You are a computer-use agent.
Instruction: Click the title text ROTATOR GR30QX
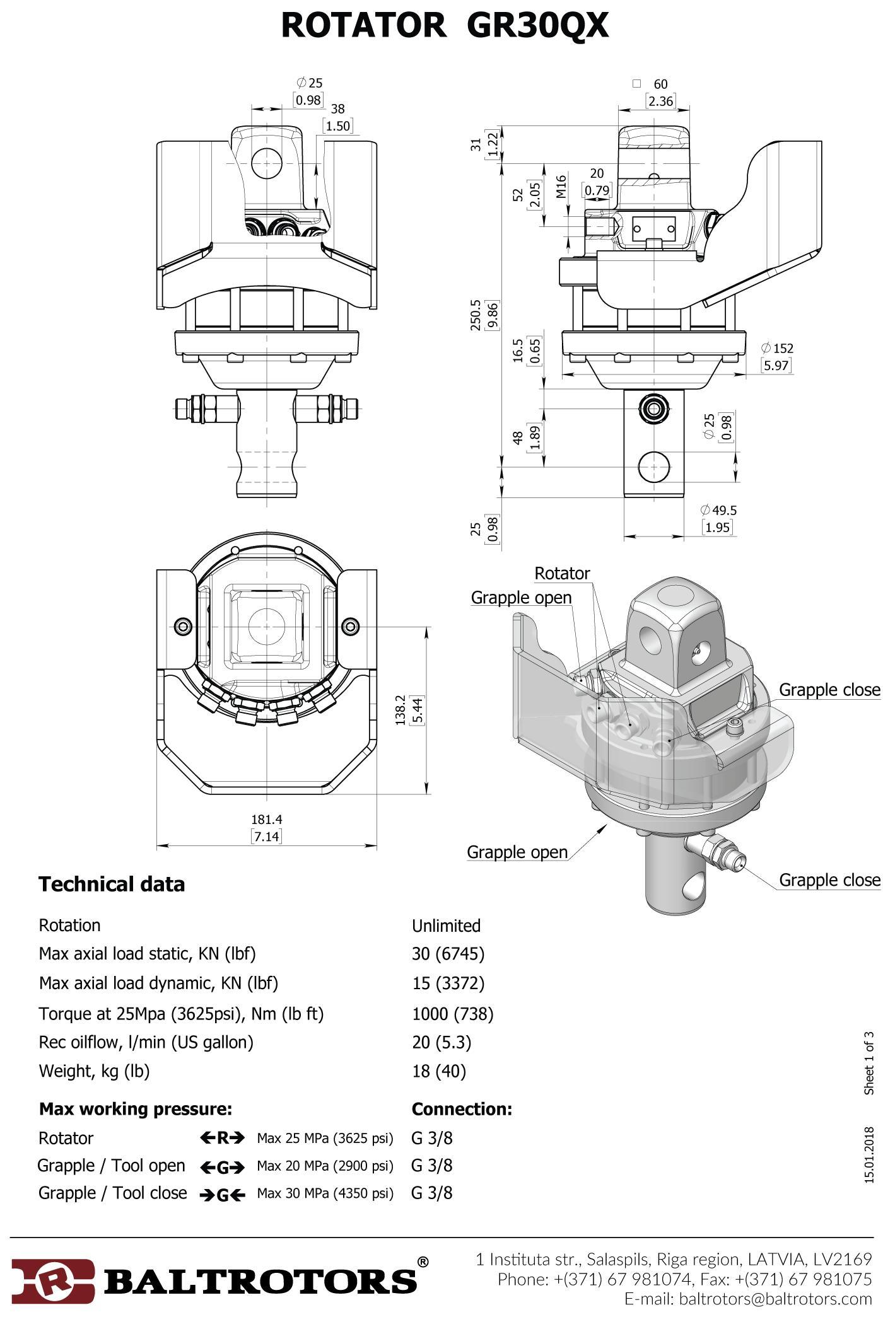[445, 26]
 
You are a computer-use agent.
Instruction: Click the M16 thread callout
[561, 187]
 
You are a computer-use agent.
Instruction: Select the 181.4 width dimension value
[266, 820]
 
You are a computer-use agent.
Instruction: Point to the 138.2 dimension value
[400, 710]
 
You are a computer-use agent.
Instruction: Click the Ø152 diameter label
[777, 348]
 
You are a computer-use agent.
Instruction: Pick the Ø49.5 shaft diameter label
[718, 510]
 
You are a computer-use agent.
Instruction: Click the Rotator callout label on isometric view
[562, 573]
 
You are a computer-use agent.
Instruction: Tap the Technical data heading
[112, 884]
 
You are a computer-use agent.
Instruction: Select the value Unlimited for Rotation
[446, 925]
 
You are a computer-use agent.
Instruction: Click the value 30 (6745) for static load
[448, 954]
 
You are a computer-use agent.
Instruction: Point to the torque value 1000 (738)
[452, 1014]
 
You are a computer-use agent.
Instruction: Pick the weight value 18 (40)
[439, 1071]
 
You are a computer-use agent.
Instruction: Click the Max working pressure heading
[136, 1108]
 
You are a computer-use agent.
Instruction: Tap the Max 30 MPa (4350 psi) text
[325, 1193]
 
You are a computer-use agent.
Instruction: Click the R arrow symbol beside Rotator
[222, 1138]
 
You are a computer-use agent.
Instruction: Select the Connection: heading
[462, 1108]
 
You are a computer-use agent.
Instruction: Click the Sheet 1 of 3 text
[869, 1063]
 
